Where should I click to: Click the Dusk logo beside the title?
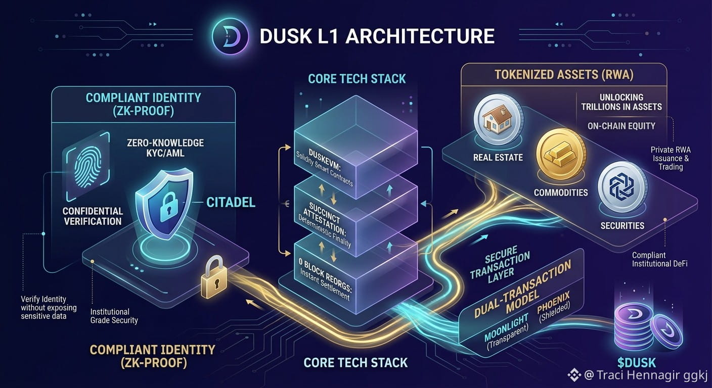[x=230, y=36]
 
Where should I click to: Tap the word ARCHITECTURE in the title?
[x=420, y=36]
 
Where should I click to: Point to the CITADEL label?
[x=231, y=202]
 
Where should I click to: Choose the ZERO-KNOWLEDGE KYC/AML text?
[x=165, y=148]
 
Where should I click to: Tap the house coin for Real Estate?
[x=498, y=119]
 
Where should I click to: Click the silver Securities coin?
[x=622, y=187]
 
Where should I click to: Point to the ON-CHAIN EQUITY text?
[x=621, y=126]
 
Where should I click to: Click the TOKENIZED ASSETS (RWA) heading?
[x=564, y=75]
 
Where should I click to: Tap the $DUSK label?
[x=637, y=363]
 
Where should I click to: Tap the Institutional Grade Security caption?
[x=114, y=316]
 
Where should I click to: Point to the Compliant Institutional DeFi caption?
[x=659, y=259]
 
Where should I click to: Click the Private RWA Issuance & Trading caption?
[x=671, y=158]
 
